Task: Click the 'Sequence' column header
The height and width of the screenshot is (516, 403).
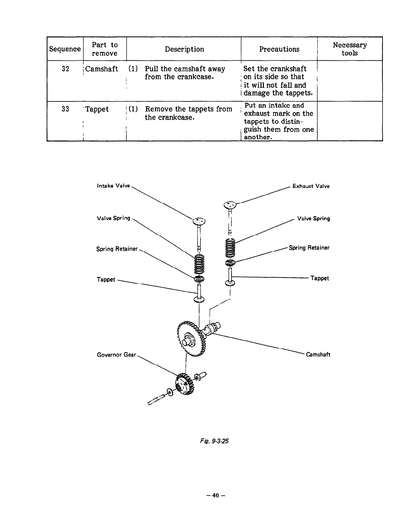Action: [x=65, y=49]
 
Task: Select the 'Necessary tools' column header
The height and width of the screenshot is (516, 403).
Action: [x=350, y=49]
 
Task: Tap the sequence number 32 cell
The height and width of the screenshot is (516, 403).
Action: [x=66, y=69]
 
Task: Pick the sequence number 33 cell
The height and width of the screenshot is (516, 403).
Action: [x=66, y=109]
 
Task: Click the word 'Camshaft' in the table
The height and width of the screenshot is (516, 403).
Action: [x=102, y=69]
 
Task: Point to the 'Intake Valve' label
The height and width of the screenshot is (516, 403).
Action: [x=113, y=186]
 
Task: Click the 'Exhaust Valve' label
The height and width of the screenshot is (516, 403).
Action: [x=311, y=186]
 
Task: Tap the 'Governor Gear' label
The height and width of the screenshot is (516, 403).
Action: [x=116, y=355]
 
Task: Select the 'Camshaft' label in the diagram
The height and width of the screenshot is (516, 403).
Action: [x=318, y=355]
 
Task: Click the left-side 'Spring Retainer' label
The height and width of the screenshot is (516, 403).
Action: [x=117, y=249]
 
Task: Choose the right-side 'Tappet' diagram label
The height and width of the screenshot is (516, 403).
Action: [x=320, y=278]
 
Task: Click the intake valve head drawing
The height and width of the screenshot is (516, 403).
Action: [x=199, y=221]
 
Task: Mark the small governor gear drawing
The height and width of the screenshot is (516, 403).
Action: [x=185, y=384]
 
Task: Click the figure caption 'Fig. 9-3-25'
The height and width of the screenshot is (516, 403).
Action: [x=214, y=441]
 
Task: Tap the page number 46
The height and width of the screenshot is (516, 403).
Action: [x=216, y=495]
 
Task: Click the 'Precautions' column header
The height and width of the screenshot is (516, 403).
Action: [x=279, y=49]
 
